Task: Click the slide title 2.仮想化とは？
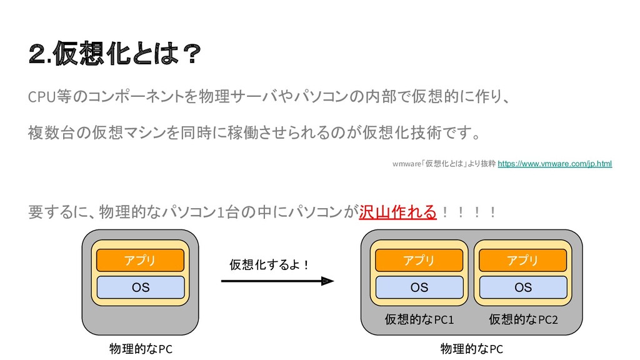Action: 116,56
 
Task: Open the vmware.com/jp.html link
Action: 554,164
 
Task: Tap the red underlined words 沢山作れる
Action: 397,212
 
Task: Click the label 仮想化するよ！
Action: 270,265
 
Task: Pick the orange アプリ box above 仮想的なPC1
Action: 419,260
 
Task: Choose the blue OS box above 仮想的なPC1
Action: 419,287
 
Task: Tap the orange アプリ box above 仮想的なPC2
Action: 522,260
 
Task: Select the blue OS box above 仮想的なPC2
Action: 522,287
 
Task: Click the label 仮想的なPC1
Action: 419,321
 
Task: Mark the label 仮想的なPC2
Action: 523,321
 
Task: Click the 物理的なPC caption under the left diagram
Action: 141,349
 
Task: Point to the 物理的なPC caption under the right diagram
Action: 471,349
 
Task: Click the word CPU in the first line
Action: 41,98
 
